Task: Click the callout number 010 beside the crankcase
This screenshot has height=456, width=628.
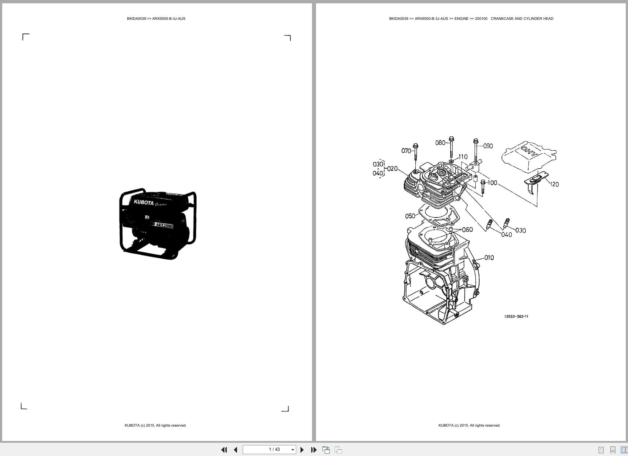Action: point(489,258)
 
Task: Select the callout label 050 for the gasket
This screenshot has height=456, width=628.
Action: point(410,216)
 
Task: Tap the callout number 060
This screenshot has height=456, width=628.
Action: point(467,230)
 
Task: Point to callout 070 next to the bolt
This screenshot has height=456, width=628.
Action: point(406,151)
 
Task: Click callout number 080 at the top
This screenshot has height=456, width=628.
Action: point(440,143)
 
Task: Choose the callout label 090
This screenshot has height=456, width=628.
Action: point(488,146)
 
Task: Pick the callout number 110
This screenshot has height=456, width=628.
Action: point(463,157)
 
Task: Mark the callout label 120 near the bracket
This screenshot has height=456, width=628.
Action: point(554,184)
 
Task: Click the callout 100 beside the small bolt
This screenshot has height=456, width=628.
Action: point(492,183)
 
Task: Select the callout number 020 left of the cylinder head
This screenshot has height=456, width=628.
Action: point(392,169)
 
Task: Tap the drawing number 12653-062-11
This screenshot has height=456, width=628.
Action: point(516,316)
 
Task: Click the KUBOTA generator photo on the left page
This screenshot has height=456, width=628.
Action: point(157,224)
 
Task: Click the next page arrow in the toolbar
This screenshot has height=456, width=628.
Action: point(302,450)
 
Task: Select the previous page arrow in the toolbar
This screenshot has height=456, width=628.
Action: point(235,450)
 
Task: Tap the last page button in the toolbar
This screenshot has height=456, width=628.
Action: point(313,450)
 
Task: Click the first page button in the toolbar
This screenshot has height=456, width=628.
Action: point(224,450)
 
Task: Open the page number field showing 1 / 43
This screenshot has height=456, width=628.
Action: point(269,449)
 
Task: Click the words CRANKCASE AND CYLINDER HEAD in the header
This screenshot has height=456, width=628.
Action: point(522,18)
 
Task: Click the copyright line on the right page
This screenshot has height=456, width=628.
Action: point(469,426)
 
